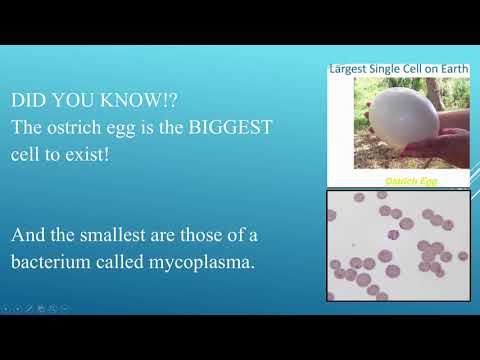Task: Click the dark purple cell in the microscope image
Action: (x=393, y=234)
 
